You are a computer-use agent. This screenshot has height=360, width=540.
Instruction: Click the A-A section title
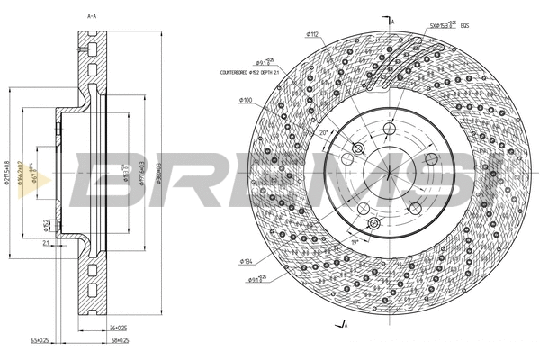click(x=91, y=16)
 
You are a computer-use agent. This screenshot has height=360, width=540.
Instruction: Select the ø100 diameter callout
click(x=245, y=100)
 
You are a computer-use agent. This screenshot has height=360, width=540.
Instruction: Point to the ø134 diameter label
click(x=245, y=262)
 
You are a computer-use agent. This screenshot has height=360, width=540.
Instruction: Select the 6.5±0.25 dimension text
click(x=65, y=341)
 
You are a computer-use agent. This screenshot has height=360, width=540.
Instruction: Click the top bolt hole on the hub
click(x=390, y=132)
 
